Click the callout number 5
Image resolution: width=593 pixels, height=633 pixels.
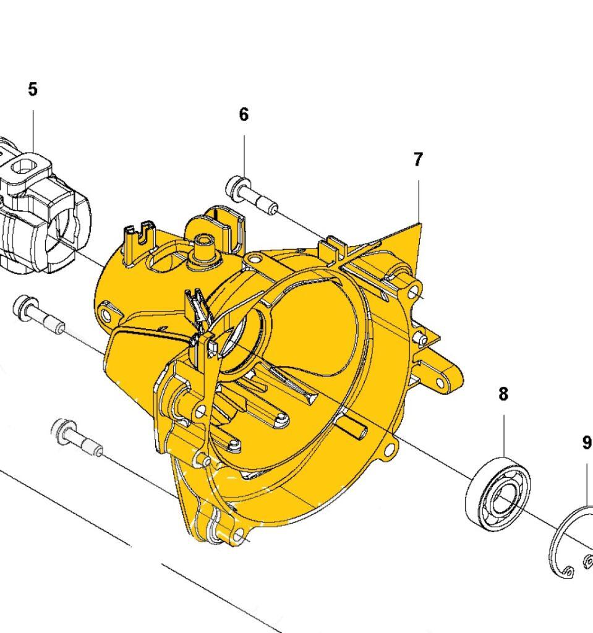pos(33,89)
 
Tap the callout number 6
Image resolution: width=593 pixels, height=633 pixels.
pos(244,114)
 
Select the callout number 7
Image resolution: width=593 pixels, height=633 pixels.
pos(418,159)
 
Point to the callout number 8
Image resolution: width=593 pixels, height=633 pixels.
pos(503,394)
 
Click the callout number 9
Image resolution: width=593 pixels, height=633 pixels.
pos(587,443)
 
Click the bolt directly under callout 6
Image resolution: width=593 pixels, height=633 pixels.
pos(251,195)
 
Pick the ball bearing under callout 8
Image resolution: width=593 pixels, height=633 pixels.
pos(498,494)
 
